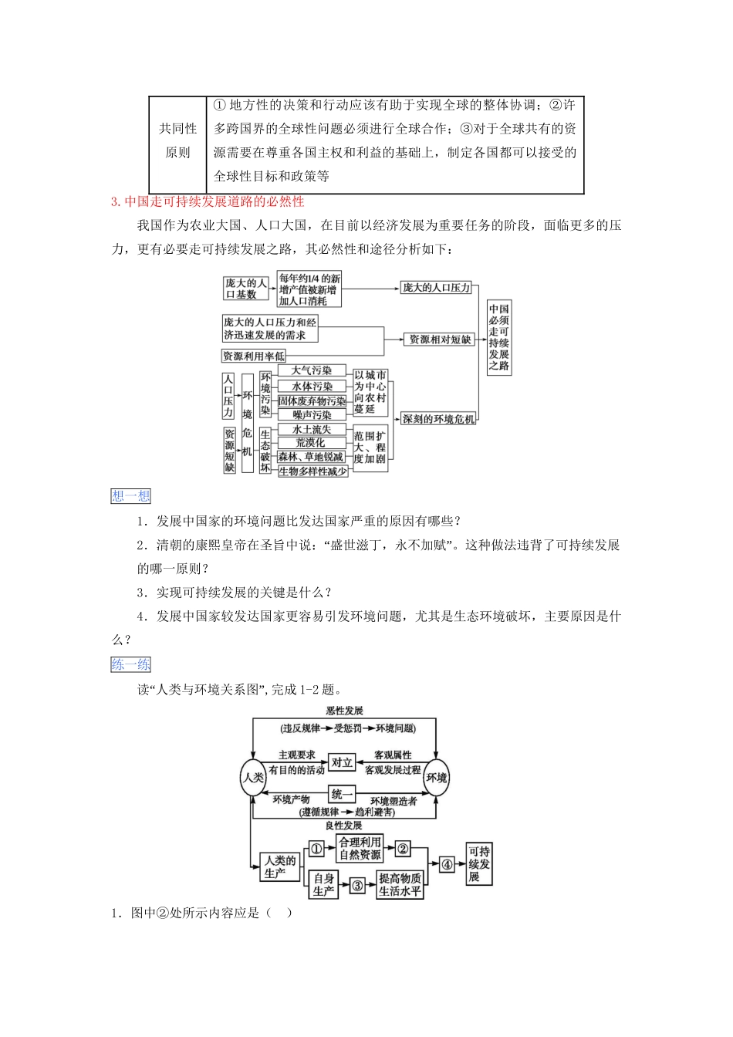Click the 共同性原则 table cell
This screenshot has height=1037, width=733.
pyautogui.click(x=177, y=140)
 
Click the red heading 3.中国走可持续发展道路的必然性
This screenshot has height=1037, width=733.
pyautogui.click(x=208, y=201)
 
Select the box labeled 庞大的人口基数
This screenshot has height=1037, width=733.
pyautogui.click(x=245, y=289)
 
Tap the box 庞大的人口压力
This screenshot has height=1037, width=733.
pyautogui.click(x=436, y=288)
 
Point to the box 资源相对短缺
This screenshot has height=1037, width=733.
pyautogui.click(x=439, y=339)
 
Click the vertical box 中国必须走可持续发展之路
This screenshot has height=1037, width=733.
pyautogui.click(x=498, y=337)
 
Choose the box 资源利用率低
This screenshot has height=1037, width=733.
pyautogui.click(x=253, y=356)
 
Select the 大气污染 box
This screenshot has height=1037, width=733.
pyautogui.click(x=312, y=371)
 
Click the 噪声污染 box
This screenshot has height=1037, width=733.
pyautogui.click(x=312, y=415)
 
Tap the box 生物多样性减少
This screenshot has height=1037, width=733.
pyautogui.click(x=312, y=471)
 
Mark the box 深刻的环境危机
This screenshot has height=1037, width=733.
pyautogui.click(x=438, y=419)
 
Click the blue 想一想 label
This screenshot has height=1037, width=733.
pyautogui.click(x=131, y=496)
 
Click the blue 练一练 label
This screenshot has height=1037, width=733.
pyautogui.click(x=131, y=664)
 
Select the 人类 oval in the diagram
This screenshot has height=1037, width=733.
pyautogui.click(x=253, y=777)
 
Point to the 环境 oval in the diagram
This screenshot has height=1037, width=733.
pyautogui.click(x=437, y=777)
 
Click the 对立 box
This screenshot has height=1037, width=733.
pyautogui.click(x=342, y=762)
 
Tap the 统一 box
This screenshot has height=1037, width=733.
pyautogui.click(x=342, y=794)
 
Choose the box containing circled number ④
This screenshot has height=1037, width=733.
pyautogui.click(x=447, y=865)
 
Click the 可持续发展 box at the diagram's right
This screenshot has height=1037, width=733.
pyautogui.click(x=479, y=864)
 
